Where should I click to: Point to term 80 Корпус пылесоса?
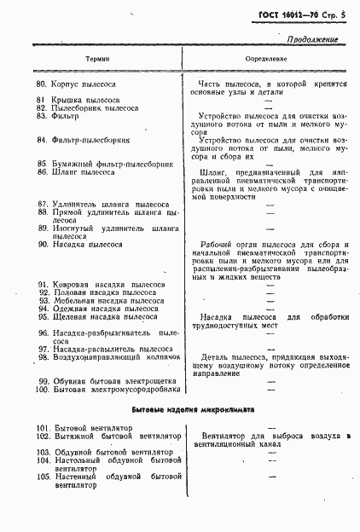pos(85,85)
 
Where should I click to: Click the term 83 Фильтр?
pos(67,116)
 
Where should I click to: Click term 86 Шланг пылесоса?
pos(84,171)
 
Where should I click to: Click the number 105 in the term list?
pos(43,476)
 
